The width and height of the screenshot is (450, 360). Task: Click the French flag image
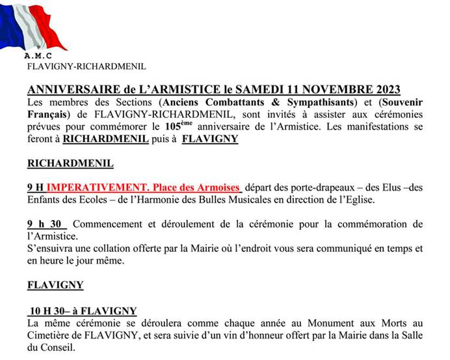pos(33,27)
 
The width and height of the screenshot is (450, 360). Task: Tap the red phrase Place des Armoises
pos(198,187)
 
